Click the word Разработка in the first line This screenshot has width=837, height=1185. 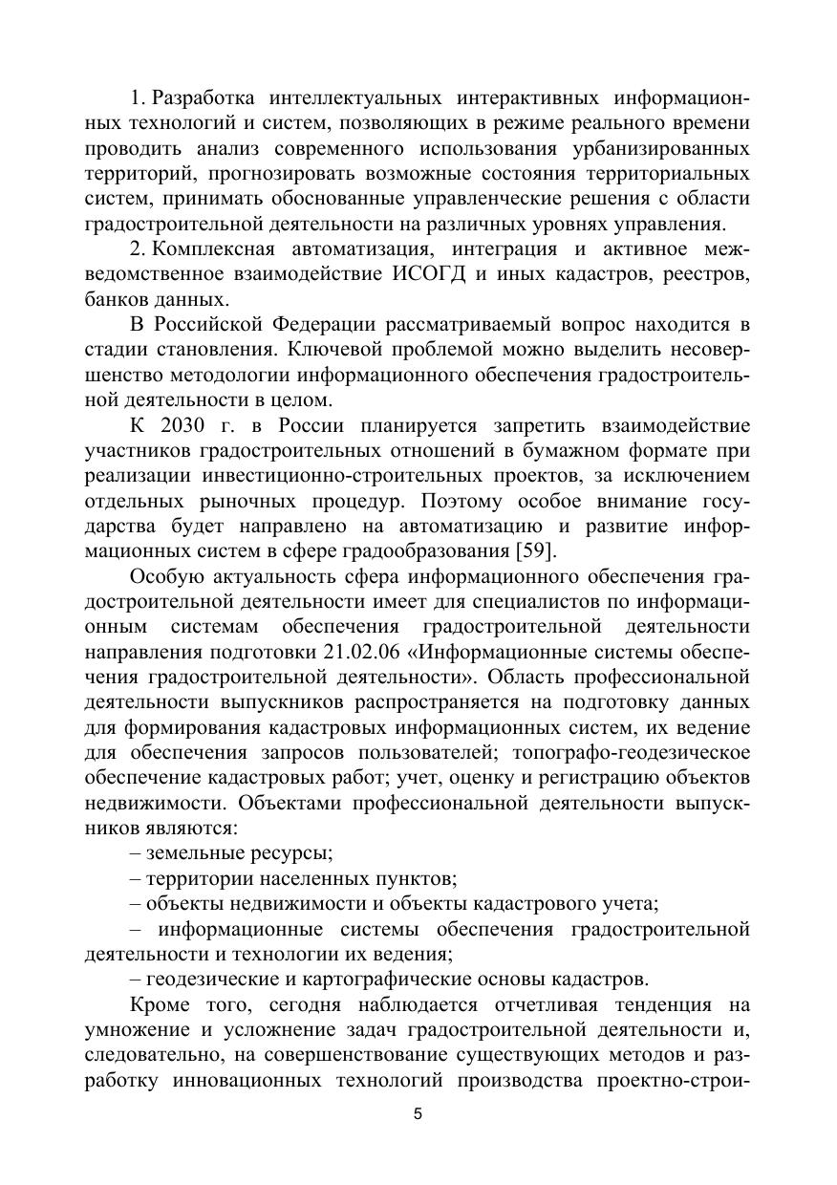(x=204, y=98)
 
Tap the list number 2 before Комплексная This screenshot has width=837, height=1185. (x=135, y=249)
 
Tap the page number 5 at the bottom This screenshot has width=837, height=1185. (x=418, y=1114)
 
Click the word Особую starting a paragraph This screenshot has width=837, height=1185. (x=167, y=576)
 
